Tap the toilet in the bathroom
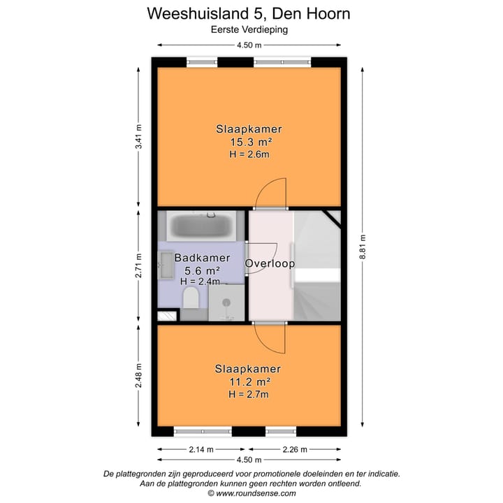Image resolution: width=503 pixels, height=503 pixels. coord(190,299)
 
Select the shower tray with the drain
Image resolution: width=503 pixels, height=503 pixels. coord(227,302)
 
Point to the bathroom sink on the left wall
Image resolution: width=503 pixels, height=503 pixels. coord(166,265)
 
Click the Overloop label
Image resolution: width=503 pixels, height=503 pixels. coord(270,263)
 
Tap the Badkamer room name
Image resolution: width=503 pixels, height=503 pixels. coord(202,258)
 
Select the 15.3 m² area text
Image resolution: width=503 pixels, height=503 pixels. coord(249,142)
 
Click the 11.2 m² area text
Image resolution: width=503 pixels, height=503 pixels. coord(249,381)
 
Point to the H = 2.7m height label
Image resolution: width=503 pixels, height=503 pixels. coord(249,395)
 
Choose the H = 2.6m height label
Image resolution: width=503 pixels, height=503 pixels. coord(249,154)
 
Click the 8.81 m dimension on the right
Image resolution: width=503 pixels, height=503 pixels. coord(363,245)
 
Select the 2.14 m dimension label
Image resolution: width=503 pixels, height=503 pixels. coord(200,449)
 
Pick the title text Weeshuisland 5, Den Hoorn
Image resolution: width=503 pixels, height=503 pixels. coord(249,13)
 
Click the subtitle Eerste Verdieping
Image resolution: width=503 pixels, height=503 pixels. coord(249,29)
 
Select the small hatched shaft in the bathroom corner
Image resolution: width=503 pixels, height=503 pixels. coord(166,316)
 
